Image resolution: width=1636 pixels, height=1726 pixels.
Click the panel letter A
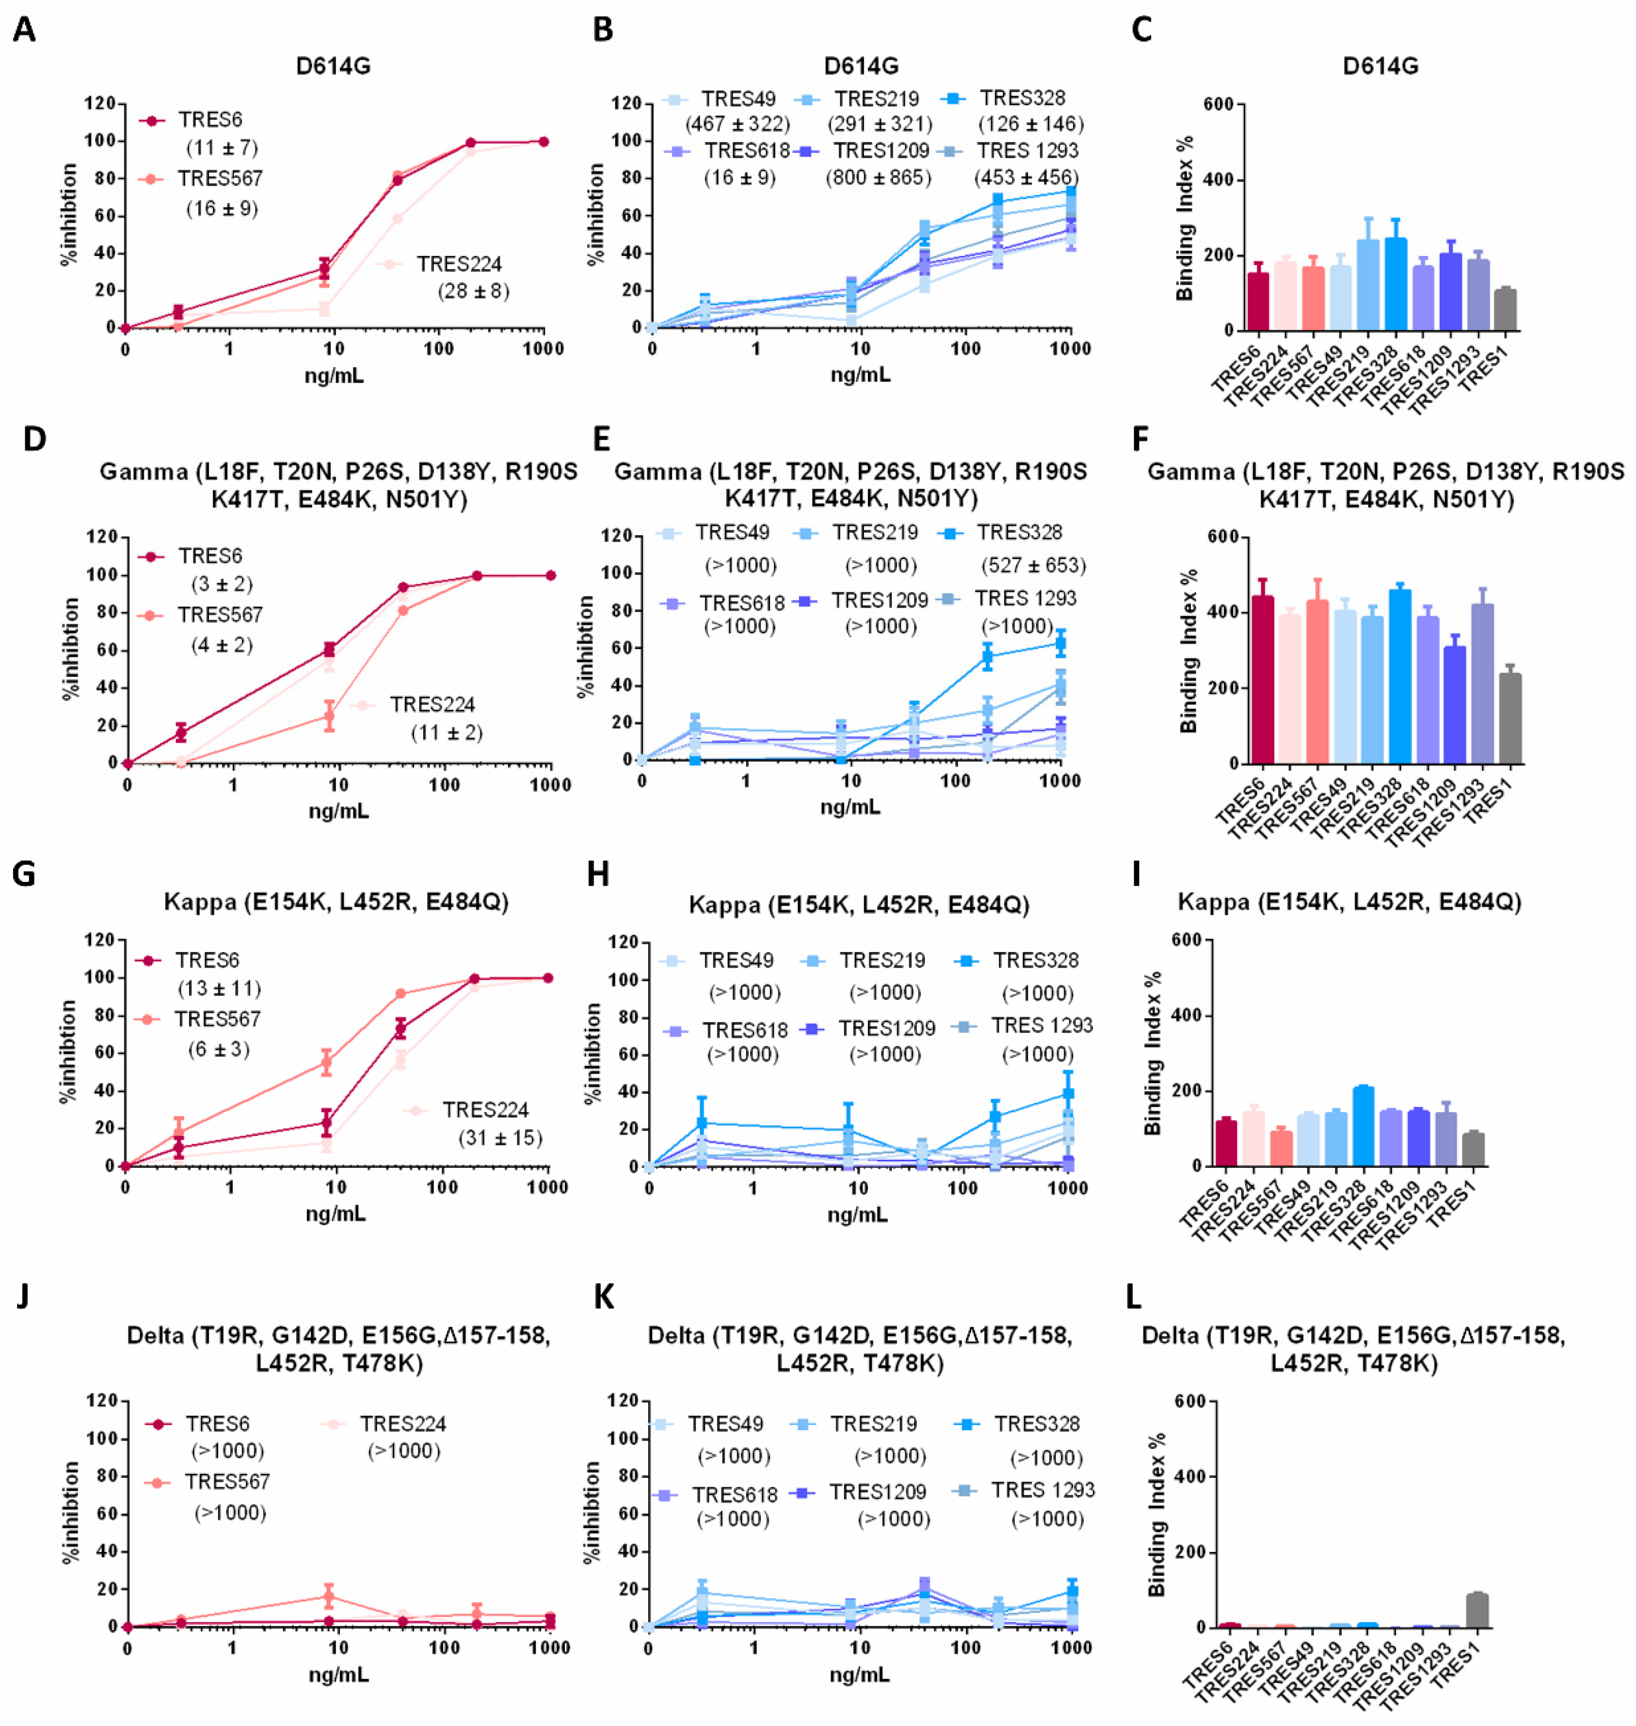point(24,30)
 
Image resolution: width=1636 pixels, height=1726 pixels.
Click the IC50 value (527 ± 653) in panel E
point(1033,565)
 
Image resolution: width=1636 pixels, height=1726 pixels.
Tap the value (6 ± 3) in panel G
point(219,1049)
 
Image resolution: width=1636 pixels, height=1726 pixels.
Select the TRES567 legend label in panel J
point(227,1481)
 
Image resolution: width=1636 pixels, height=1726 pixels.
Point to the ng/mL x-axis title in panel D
point(338,811)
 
